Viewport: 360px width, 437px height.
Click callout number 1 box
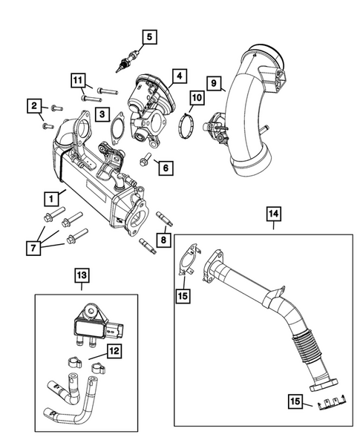coord(51,198)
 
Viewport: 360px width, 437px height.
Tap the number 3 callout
coord(102,114)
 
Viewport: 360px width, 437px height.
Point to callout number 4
coord(178,76)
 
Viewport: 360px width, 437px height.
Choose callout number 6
coord(165,168)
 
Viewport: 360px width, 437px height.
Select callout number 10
coord(196,96)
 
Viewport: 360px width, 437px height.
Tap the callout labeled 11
coord(78,79)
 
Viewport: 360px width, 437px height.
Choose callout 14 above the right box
coord(274,216)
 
